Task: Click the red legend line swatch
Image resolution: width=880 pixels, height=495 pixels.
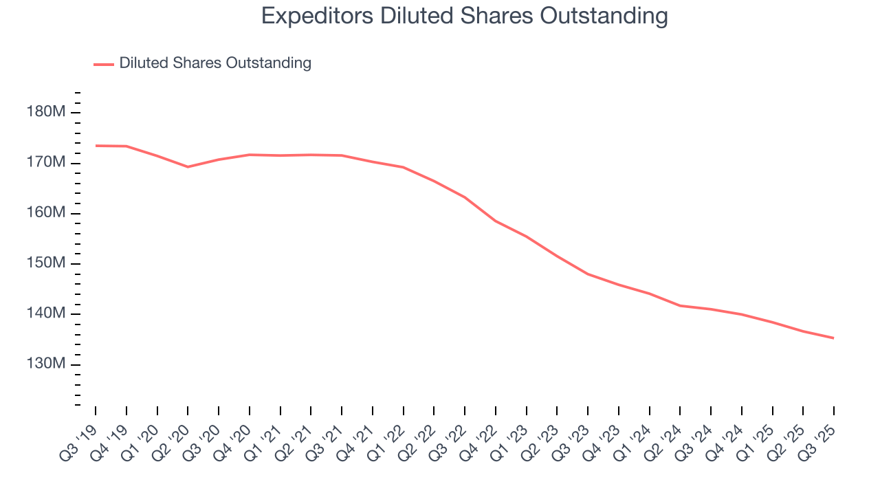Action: [x=103, y=64]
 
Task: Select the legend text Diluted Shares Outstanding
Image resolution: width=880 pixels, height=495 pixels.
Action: [x=215, y=63]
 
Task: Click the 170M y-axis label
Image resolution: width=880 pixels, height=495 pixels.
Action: [x=46, y=163]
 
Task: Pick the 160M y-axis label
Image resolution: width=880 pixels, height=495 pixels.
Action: [x=46, y=213]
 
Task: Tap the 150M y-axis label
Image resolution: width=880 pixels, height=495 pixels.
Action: [x=46, y=264]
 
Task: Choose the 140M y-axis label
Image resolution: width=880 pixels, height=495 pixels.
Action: [x=46, y=314]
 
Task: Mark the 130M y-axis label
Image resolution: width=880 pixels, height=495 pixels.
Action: [x=46, y=364]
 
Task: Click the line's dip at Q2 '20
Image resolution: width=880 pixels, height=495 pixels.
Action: [x=188, y=166]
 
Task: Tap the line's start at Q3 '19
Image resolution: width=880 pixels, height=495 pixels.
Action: [x=96, y=146]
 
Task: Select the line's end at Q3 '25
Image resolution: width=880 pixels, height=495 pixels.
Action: [x=834, y=338]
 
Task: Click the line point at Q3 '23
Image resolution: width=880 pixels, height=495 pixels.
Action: [x=588, y=274]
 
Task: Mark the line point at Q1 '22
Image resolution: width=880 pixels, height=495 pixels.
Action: [x=403, y=167]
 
